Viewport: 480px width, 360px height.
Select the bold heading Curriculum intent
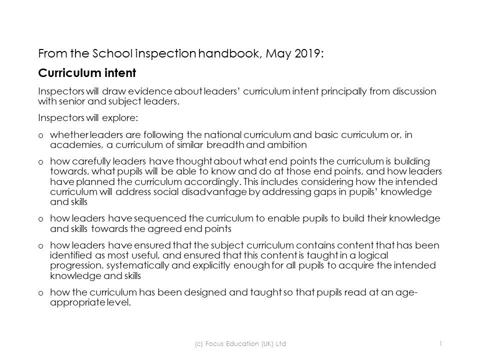(x=87, y=73)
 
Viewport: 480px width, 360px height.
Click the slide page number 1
(x=440, y=343)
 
